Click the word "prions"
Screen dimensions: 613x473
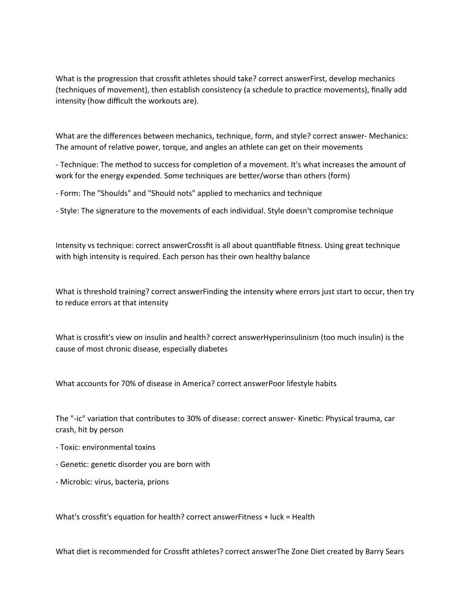[x=158, y=482]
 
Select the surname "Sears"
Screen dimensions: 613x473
[x=395, y=552]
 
